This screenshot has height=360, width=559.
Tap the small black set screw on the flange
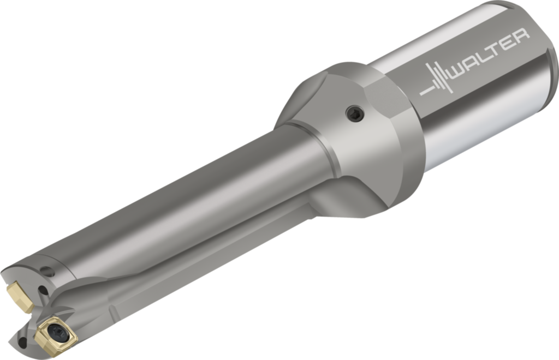point(355,113)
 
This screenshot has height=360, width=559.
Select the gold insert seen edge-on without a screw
point(19,295)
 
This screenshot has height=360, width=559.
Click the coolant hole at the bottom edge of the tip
point(22,343)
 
